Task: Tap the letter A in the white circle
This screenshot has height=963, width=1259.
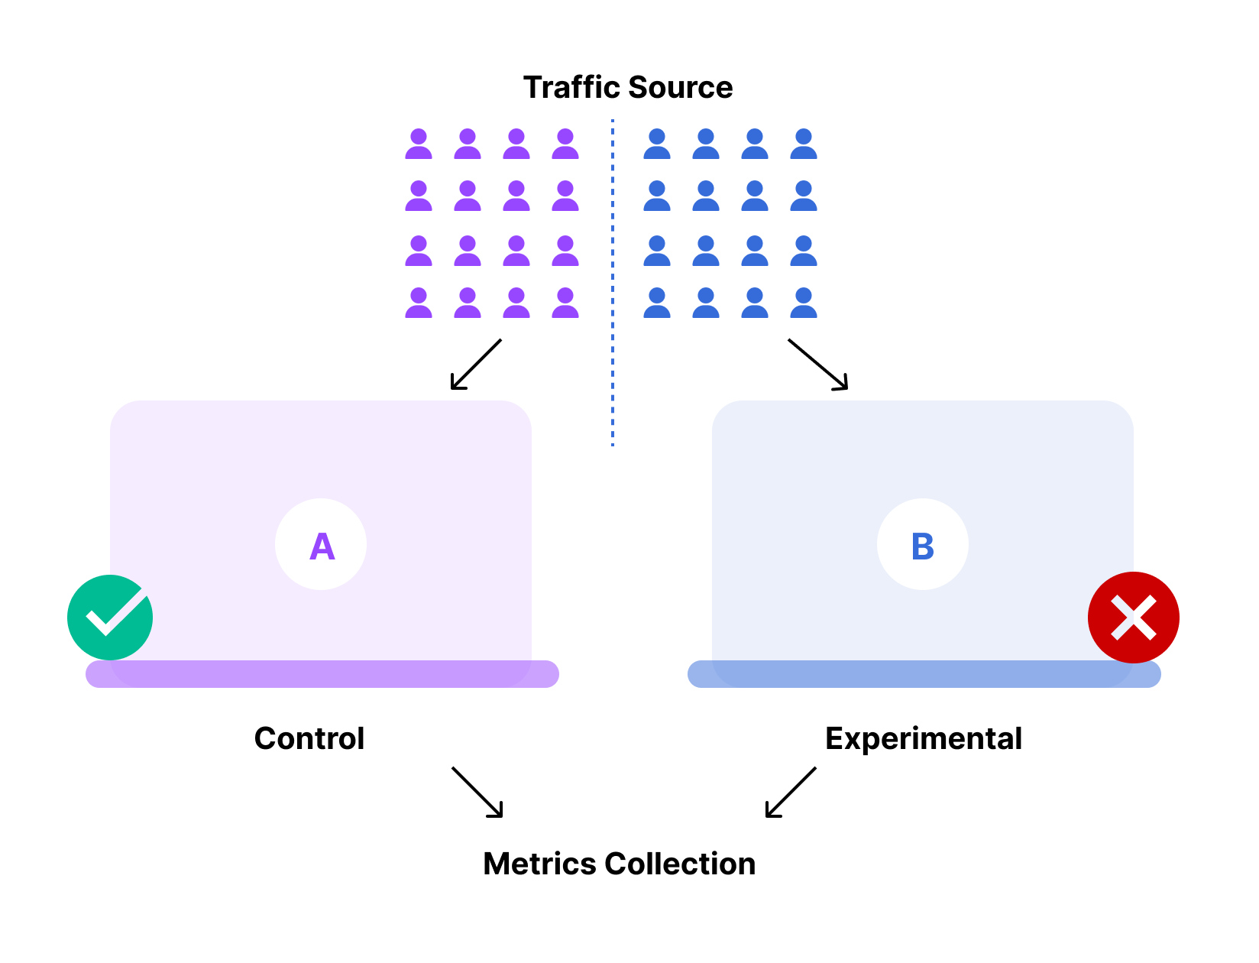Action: [322, 546]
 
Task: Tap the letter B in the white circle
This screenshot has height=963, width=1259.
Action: [923, 546]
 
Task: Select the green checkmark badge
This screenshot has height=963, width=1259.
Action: [110, 618]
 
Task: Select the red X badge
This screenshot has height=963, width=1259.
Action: [1134, 618]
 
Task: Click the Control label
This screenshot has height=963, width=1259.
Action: [309, 738]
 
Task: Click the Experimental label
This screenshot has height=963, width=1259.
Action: [924, 738]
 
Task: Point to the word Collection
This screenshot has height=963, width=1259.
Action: [680, 864]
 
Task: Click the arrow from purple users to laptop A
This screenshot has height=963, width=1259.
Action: [476, 365]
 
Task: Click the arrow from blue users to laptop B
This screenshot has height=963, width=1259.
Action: [818, 365]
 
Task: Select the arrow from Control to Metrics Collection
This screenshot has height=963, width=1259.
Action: [477, 792]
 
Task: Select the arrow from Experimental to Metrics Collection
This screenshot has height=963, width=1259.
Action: [791, 792]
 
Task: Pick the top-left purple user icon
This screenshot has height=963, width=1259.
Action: [419, 144]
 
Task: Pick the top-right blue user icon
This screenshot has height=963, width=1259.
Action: [804, 144]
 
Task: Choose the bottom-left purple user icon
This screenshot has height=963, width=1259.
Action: [419, 303]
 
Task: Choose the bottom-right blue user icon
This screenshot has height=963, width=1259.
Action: [804, 303]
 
